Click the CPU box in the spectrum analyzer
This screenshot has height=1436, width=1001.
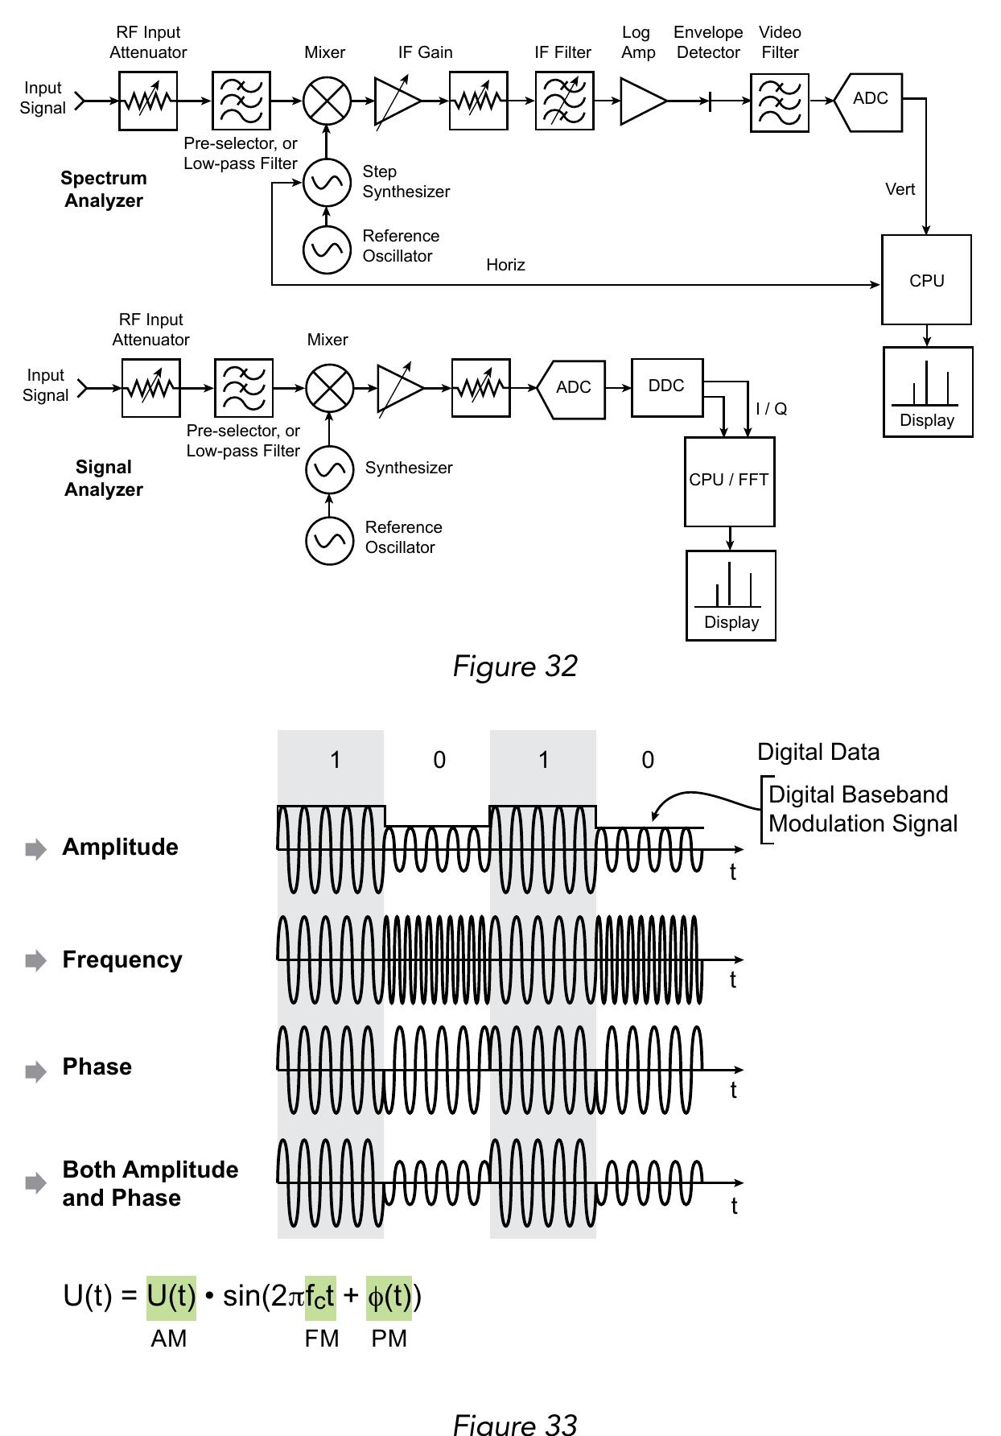(x=926, y=280)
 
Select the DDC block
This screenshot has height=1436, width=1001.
(x=667, y=387)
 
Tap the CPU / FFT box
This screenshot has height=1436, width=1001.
(x=729, y=481)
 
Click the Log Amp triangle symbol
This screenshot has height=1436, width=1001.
(x=641, y=101)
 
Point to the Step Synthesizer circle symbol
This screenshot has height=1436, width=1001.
(x=327, y=183)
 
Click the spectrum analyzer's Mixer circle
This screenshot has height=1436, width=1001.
(x=327, y=101)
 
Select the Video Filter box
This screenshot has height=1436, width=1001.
(x=779, y=102)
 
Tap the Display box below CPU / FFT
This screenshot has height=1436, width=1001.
(x=731, y=596)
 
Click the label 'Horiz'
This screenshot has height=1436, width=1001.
(x=505, y=265)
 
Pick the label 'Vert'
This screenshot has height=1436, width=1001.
(x=900, y=189)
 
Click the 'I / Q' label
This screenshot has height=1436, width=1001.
(x=771, y=409)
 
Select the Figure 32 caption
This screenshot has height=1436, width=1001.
(x=515, y=666)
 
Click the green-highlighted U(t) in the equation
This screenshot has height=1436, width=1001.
(x=171, y=1296)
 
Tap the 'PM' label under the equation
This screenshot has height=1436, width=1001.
(x=389, y=1339)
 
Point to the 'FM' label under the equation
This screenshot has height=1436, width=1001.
(x=321, y=1339)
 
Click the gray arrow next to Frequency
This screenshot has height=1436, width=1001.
(x=35, y=960)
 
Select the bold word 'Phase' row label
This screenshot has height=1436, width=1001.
(x=97, y=1067)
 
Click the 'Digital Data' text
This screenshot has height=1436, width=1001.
(x=818, y=752)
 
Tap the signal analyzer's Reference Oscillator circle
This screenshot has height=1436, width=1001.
(x=329, y=540)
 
